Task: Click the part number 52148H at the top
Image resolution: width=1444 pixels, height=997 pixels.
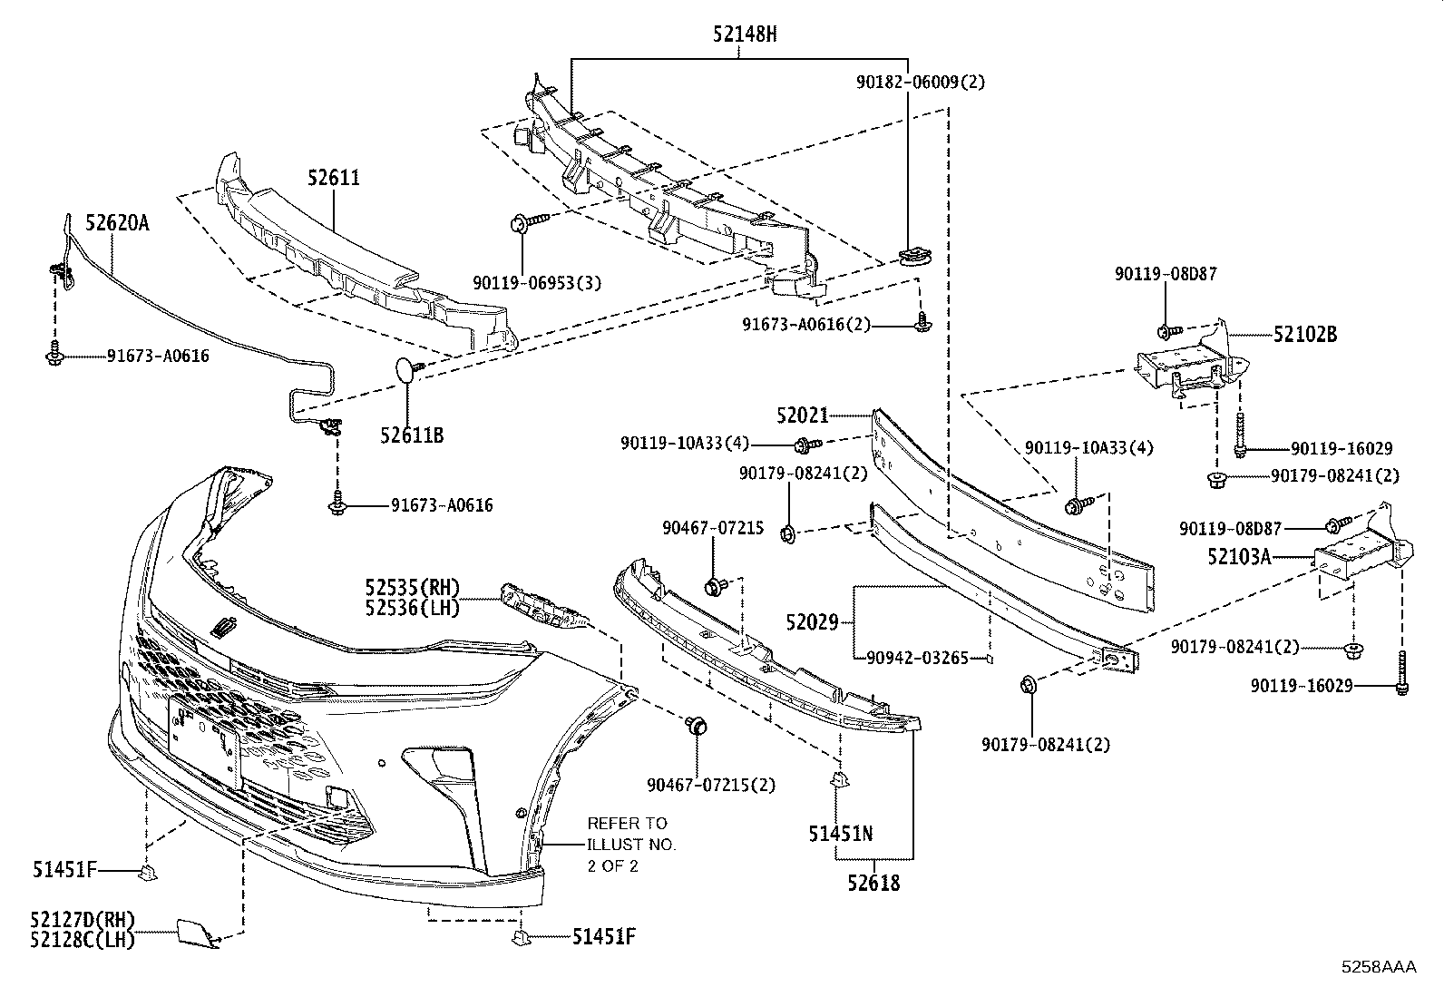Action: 745,34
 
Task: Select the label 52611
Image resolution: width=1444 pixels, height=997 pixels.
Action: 333,177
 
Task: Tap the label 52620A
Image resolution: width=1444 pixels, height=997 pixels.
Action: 117,222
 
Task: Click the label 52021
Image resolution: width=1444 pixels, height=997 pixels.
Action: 803,415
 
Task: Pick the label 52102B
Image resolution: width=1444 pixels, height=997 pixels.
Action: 1305,334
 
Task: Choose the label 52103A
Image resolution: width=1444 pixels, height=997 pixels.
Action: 1240,556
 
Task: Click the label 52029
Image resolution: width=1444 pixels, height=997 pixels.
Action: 813,622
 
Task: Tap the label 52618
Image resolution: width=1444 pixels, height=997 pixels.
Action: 873,883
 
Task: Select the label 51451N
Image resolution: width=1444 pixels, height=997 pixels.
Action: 841,834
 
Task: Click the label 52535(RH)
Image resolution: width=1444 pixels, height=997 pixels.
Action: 413,588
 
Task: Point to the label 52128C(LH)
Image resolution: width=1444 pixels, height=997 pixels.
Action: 83,940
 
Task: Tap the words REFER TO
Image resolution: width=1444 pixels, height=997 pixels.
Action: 627,824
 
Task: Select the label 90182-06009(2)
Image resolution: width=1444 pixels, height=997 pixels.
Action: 921,82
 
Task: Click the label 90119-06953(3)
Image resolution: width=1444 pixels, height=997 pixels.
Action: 537,282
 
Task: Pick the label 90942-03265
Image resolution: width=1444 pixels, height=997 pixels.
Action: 917,658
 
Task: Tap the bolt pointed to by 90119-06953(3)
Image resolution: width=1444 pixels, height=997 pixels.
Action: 527,222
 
